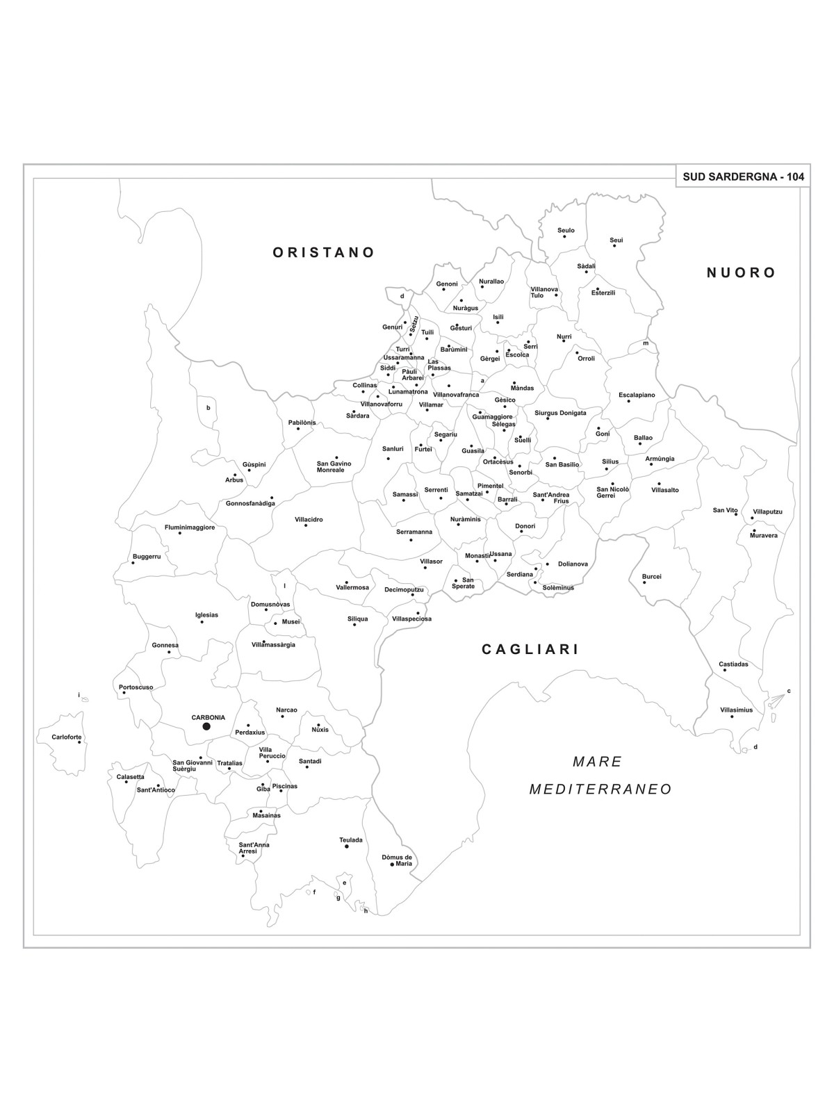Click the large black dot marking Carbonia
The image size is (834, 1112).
coord(206,726)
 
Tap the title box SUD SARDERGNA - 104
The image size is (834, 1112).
coord(742,177)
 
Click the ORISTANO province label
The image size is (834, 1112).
coord(324,252)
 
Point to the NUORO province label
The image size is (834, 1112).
coord(741,272)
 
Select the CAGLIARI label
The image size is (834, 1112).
coord(530,650)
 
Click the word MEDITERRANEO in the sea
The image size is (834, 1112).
coord(600,790)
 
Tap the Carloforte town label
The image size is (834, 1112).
coord(67,737)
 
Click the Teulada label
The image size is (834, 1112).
coord(351,840)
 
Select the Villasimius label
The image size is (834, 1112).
coord(736,710)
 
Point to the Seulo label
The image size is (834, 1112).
coord(566,230)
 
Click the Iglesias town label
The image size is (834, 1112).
coord(206,614)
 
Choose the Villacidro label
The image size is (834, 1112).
coord(309,519)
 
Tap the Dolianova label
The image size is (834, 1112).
coord(573,564)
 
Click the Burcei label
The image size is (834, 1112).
coord(651,576)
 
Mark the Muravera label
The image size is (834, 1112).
coord(763,535)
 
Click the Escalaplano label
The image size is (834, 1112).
coord(637,395)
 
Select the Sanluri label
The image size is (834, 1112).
coord(393,449)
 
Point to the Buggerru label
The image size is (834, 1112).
coord(147,556)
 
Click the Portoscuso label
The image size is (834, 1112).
coord(136,687)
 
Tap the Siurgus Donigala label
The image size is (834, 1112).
coord(560,413)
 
